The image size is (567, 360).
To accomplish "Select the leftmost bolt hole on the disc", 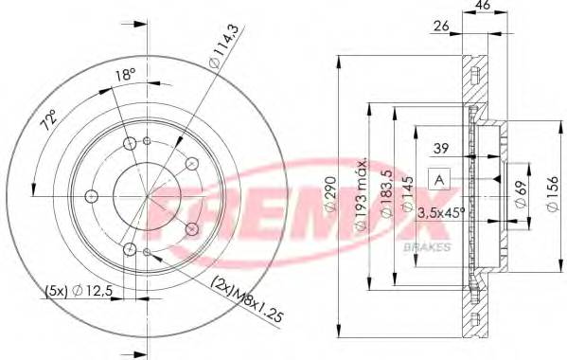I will (92, 197).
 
